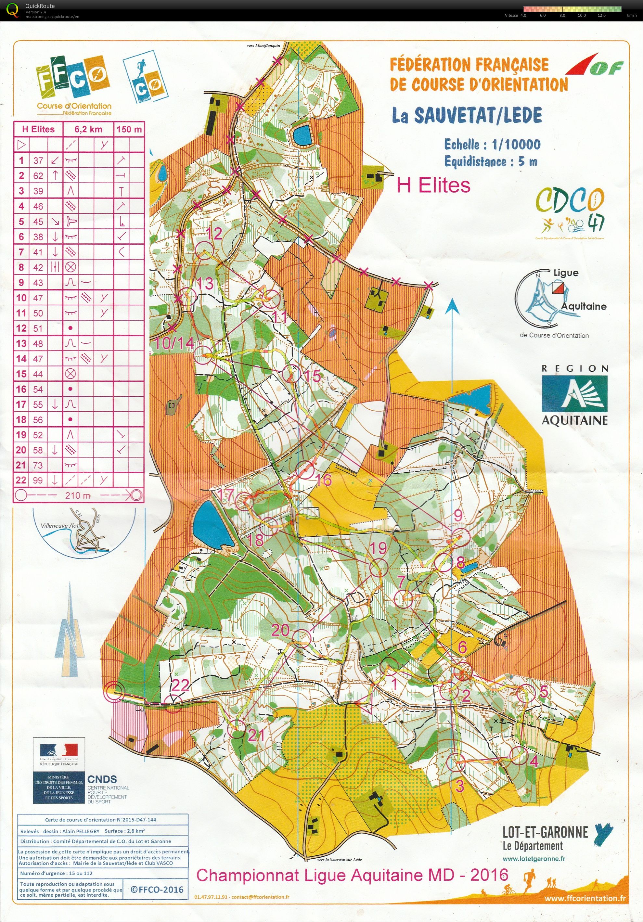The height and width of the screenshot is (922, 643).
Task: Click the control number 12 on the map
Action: pos(215,234)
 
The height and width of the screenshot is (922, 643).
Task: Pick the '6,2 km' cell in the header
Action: pos(88,129)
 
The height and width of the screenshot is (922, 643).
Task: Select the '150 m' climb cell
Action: pos(129,129)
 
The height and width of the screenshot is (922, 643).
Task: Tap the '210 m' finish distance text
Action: pos(78,495)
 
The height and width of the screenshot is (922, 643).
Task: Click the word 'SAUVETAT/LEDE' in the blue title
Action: pos(478,116)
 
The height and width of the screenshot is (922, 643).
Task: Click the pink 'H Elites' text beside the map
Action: pos(433,186)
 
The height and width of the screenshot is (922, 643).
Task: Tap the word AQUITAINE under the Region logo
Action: pos(574,420)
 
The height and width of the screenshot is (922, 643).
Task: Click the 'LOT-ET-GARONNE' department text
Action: pos(545,832)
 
